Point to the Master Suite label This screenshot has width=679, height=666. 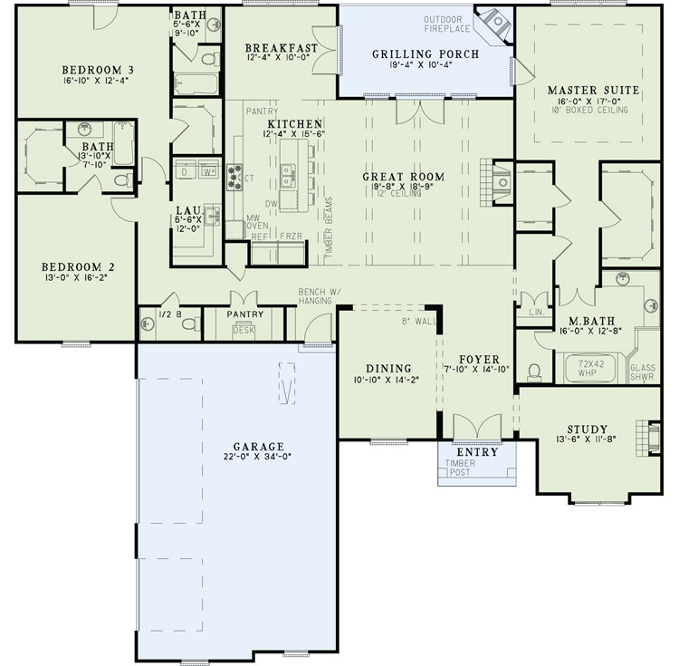point(593,91)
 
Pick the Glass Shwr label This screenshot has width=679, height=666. point(642,372)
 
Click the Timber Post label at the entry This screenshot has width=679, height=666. point(459,468)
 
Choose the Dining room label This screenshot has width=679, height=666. point(389,369)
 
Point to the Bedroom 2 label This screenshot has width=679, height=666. point(74,266)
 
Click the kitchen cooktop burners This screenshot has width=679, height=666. point(235,177)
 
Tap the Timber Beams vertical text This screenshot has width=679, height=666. point(329,229)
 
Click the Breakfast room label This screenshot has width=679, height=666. point(281,48)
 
